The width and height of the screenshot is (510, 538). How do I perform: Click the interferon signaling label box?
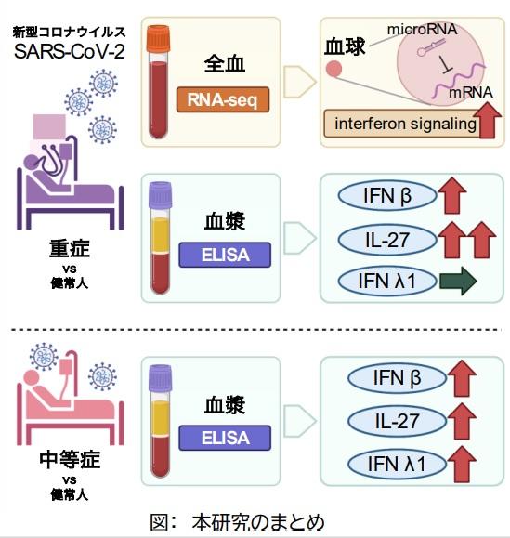tap(399, 124)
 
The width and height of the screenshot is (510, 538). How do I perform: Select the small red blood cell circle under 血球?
tap(333, 73)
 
